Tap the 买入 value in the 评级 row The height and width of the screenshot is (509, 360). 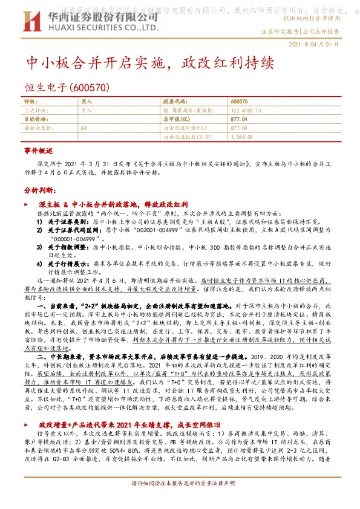pos(87,102)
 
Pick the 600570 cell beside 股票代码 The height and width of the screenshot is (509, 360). pos(240,102)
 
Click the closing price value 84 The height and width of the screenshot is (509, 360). pos(83,129)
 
